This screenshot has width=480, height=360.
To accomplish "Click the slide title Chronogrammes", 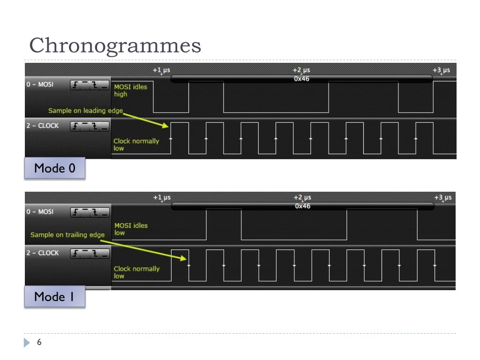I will coord(115,45).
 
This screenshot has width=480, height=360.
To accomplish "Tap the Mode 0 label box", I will coord(55,168).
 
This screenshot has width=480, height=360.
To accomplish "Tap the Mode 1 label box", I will coord(55,296).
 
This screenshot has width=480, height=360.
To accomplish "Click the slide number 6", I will coord(39,343).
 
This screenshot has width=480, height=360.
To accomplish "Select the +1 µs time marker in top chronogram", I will coord(161,70).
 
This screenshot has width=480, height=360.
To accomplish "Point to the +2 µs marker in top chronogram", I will coord(301,70).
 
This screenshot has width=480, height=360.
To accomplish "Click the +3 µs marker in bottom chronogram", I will coord(442,197).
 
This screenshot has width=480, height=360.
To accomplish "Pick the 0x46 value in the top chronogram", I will coord(301,79).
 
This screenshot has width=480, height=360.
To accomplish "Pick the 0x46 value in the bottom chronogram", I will coord(302,206).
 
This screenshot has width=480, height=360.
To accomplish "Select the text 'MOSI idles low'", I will coord(131,229).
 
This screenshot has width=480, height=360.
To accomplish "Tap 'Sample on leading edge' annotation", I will coord(85,111).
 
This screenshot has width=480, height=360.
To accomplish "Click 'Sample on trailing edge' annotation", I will coord(67,234).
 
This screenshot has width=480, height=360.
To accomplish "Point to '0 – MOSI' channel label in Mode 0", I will coord(40,84).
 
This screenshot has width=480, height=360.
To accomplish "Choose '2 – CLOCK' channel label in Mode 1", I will coord(42,253).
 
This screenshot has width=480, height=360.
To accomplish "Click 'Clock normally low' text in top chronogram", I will coord(136,144).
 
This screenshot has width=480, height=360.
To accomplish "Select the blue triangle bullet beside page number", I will coord(27,343).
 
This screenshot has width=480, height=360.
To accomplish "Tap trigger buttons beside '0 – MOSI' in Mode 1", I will coord(90,212).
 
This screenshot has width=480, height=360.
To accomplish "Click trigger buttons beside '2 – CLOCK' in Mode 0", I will coord(90,126).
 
